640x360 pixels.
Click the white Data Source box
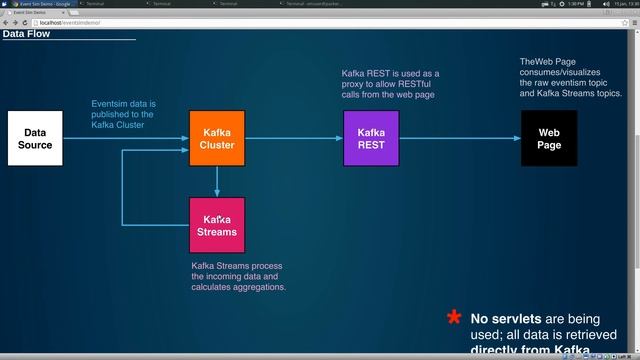pos(35,138)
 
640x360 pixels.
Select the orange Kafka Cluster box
pos(217,138)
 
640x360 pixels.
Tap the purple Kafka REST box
pos(371,138)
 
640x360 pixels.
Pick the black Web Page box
pos(549,138)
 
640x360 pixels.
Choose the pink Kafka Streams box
pos(217,225)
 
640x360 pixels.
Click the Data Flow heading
pos(26,34)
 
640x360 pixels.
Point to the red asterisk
pos(454,318)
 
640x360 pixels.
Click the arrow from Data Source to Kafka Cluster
pos(125,138)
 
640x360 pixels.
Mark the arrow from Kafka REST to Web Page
pos(460,138)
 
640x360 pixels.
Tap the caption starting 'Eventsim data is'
pos(124,115)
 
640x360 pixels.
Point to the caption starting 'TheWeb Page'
pos(571,77)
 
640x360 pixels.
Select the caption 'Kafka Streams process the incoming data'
pos(239,276)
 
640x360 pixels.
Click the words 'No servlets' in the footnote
pos(504,318)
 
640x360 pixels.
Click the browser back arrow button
pos(6,22)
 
